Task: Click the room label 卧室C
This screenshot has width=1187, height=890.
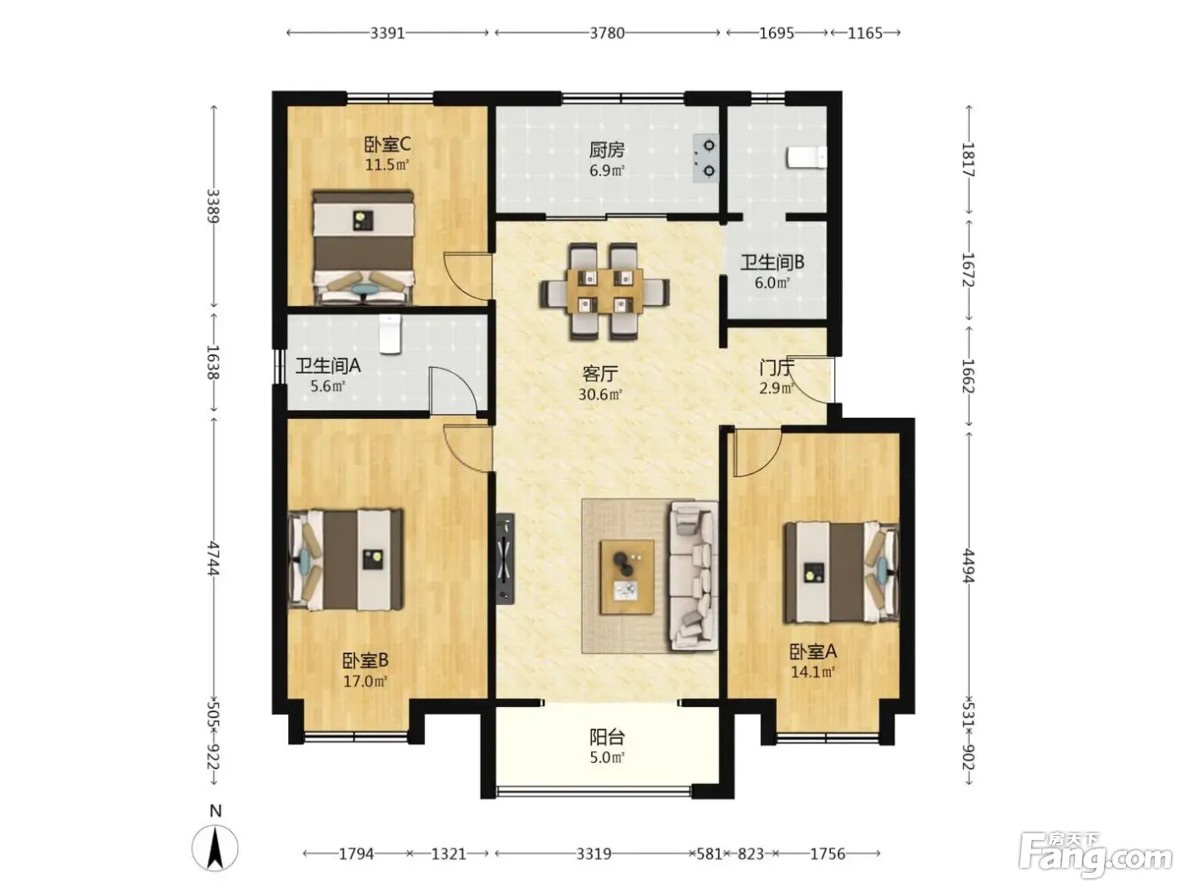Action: pos(387,145)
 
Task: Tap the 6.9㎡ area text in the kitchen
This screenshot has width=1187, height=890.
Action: pos(607,170)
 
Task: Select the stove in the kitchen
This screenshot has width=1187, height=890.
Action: pos(706,159)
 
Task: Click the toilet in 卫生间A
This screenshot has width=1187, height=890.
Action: pos(390,335)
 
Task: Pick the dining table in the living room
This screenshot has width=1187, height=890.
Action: pos(605,292)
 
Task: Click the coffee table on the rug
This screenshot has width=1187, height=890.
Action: pos(627,576)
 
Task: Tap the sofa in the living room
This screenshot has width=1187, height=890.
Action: pos(694,576)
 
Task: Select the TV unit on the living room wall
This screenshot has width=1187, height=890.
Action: pos(505,559)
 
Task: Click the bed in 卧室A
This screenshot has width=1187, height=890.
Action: pos(841,571)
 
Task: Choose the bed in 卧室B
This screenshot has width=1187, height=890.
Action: pos(346,559)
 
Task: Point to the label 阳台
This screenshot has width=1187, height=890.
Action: pos(607,737)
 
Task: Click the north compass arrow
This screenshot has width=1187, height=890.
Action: pos(215,848)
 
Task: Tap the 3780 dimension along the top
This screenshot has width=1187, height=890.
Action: pos(607,33)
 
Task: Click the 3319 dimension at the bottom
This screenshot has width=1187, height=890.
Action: pos(593,854)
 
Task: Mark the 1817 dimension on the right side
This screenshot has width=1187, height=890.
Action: pos(968,159)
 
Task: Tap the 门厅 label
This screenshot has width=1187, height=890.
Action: pos(777,368)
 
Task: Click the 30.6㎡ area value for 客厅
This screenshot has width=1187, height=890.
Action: pos(600,394)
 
